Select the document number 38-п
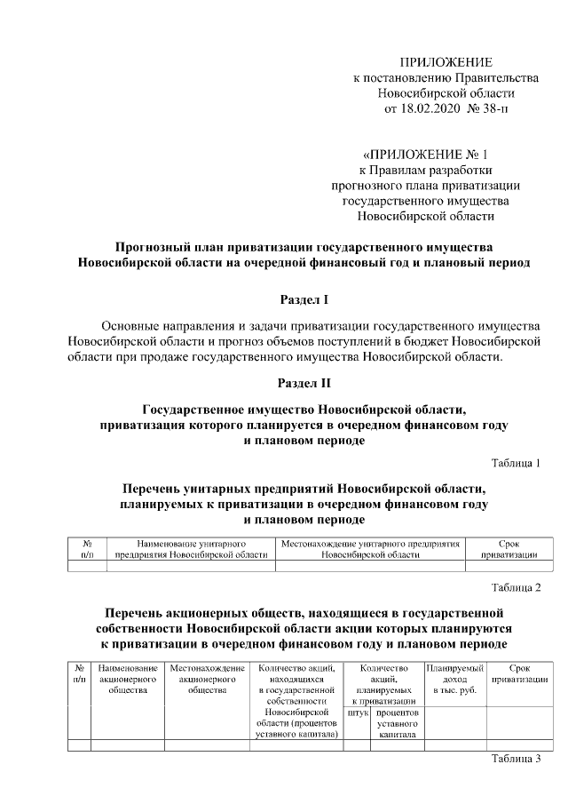[493, 109]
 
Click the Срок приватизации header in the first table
[509, 547]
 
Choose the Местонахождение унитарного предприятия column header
[370, 547]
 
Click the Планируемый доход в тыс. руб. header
[454, 678]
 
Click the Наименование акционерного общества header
[128, 678]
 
